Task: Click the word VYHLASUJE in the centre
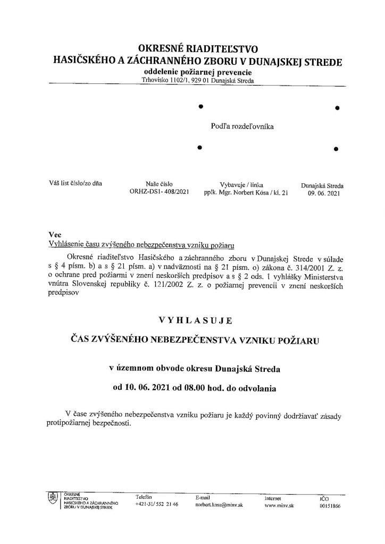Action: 195,320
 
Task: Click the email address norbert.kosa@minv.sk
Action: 219,505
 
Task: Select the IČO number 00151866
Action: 330,506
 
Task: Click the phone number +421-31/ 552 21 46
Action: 157,505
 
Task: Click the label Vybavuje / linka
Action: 242,185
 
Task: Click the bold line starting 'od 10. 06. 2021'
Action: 194,388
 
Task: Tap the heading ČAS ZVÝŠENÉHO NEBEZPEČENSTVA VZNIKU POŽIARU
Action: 195,340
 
